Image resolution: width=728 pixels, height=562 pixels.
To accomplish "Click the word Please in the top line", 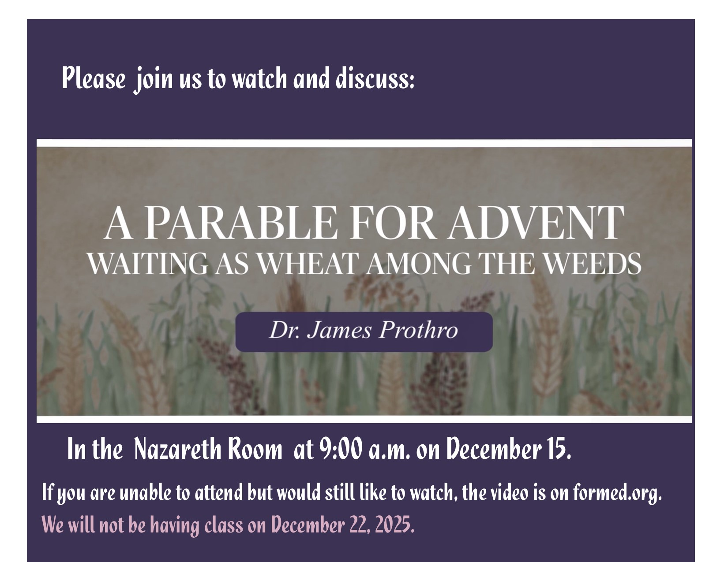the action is click(x=94, y=78).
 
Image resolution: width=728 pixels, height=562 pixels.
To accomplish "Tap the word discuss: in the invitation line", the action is click(x=375, y=78).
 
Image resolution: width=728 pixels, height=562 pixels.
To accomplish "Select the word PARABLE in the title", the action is click(x=240, y=223).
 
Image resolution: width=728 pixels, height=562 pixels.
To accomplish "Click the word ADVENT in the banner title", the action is click(x=537, y=223).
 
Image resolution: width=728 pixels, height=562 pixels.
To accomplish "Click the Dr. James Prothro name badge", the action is click(x=364, y=331).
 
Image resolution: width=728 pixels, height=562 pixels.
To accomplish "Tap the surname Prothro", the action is click(x=418, y=330).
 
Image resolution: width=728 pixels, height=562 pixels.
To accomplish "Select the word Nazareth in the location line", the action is click(x=177, y=449).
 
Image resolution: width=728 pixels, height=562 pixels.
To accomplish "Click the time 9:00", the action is click(x=341, y=449).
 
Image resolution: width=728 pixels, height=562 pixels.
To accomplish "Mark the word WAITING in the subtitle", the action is click(x=148, y=264).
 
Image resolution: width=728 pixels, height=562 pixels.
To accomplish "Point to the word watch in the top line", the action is click(x=259, y=78).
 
